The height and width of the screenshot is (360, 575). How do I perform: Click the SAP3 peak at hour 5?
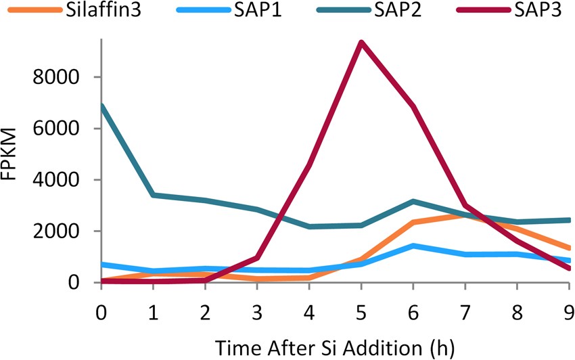[x=361, y=43]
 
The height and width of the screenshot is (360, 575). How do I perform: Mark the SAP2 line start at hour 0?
[x=101, y=106]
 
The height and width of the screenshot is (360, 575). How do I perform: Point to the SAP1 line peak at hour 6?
[x=413, y=246]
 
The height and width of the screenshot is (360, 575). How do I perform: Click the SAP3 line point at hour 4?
[x=309, y=164]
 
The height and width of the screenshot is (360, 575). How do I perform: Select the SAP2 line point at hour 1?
[x=154, y=195]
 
